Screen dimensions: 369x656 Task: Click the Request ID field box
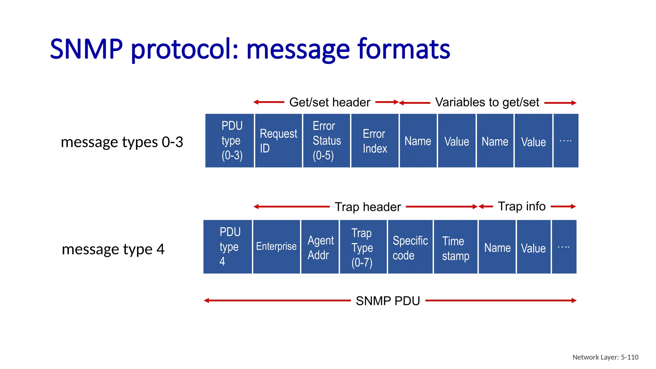[278, 141]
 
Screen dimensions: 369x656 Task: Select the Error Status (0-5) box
[326, 141]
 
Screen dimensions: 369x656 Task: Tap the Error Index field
[375, 141]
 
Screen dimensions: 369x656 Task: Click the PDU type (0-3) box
[230, 141]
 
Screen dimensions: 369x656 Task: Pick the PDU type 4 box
[228, 247]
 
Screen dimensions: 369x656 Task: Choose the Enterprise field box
[276, 247]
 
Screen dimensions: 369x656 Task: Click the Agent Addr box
[320, 247]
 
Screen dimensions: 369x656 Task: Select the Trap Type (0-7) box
[363, 247]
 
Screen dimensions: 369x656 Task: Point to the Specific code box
[410, 247]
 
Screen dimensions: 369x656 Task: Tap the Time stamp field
[455, 247]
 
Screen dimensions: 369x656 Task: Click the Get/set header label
[330, 102]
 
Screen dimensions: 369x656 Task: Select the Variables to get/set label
[487, 102]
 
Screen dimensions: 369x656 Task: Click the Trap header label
[368, 207]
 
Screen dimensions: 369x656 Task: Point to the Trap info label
[521, 206]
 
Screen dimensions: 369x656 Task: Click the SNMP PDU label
[388, 301]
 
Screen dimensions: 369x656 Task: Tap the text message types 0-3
[122, 142]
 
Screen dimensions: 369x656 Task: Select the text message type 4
[113, 249]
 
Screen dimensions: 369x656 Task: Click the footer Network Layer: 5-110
[605, 357]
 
